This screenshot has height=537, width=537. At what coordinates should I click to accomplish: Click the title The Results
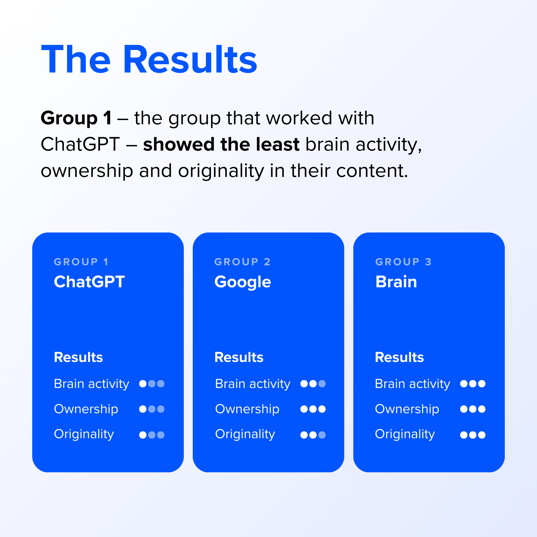(x=149, y=60)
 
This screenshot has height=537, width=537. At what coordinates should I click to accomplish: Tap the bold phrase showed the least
(x=221, y=144)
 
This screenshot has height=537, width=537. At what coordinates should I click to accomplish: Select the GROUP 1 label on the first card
(x=81, y=262)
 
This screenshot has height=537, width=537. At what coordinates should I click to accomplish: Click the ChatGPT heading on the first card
(x=89, y=282)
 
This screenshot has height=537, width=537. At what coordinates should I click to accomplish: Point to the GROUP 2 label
(x=242, y=262)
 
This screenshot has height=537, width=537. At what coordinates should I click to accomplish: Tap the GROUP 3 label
(x=403, y=262)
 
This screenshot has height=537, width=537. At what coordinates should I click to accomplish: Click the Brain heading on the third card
(x=396, y=282)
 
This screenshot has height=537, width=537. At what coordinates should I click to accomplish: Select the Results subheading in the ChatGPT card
(x=78, y=357)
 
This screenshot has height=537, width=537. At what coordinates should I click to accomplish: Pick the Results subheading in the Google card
(x=239, y=357)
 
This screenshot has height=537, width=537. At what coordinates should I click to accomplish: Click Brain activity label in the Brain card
(x=412, y=384)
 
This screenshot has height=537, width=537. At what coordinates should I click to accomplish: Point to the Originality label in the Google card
(x=245, y=434)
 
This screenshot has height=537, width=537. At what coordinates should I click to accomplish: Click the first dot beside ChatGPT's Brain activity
(x=143, y=384)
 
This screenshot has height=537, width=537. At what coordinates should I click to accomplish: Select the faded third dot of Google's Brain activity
(x=322, y=384)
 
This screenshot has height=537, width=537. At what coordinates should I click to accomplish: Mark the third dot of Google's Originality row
(x=322, y=435)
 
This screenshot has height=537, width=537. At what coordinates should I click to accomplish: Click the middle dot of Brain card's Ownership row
(x=473, y=409)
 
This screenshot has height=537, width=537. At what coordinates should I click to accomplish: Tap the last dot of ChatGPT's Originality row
(x=161, y=435)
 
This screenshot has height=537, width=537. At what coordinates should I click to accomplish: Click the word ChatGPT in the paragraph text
(x=80, y=144)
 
